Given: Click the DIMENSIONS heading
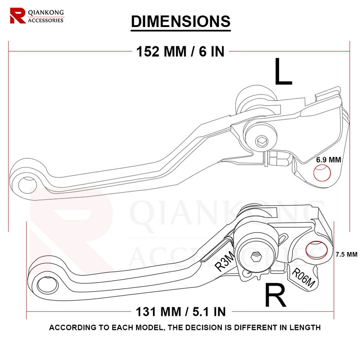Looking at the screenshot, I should [x=180, y=21].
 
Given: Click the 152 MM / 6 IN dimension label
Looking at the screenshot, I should [x=180, y=51].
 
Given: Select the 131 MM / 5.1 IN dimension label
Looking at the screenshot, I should [x=180, y=310].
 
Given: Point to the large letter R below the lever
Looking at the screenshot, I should [x=275, y=295].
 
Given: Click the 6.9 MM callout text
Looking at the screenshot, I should [x=328, y=160].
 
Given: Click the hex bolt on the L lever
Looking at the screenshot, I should [x=262, y=142].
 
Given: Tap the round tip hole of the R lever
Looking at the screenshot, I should [x=45, y=284].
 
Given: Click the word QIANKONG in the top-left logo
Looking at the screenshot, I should [x=45, y=13].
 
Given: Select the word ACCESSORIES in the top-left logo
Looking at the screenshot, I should [x=45, y=20].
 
